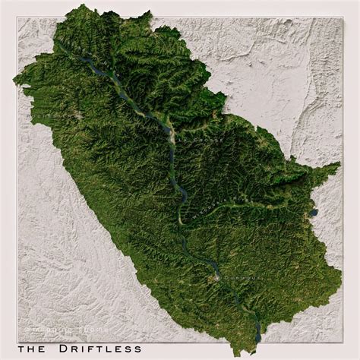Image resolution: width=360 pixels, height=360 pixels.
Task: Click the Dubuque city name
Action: pyautogui.click(x=236, y=279)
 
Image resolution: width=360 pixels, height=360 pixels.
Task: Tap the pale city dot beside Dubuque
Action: pyautogui.click(x=219, y=278)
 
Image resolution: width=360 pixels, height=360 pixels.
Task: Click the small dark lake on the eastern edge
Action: pyautogui.click(x=312, y=214)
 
